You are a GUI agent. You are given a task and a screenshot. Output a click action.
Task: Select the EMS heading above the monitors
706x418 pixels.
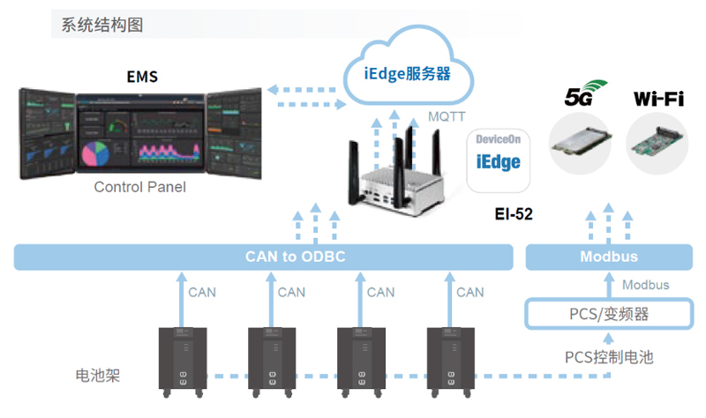(x=142, y=77)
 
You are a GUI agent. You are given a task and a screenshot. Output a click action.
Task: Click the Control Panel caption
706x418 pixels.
(x=139, y=188)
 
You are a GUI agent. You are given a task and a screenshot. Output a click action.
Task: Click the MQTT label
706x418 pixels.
(x=447, y=116)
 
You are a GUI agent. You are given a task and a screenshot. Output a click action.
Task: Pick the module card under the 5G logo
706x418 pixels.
(x=583, y=144)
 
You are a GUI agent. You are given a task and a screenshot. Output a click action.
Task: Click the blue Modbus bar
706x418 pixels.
(x=608, y=258)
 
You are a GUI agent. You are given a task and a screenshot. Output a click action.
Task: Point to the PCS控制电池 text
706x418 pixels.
(x=608, y=357)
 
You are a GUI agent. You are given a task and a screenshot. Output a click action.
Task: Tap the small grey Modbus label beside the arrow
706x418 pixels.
(x=645, y=285)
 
